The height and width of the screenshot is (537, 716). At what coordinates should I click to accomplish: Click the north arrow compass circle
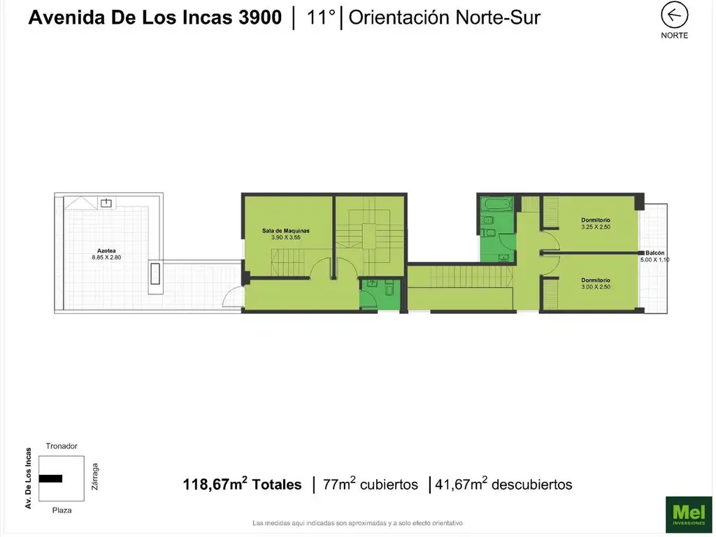(x=674, y=15)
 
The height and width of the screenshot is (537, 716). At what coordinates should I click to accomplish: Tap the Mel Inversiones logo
(x=689, y=514)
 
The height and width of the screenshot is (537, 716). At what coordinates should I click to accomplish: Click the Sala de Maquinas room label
(x=285, y=231)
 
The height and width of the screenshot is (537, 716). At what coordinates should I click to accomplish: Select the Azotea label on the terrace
(x=106, y=251)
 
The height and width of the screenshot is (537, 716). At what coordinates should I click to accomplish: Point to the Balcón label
(x=654, y=252)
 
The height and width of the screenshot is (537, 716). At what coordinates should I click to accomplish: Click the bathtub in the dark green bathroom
(x=497, y=203)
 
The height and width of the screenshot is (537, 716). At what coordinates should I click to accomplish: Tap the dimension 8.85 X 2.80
(x=106, y=257)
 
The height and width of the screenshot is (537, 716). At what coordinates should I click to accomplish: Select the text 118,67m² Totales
(x=242, y=484)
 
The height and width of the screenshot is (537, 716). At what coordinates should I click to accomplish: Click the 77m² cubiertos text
(x=370, y=484)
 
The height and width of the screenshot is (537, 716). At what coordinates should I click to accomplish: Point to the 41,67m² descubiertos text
(x=503, y=484)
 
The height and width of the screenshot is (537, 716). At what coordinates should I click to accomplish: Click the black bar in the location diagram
(x=50, y=478)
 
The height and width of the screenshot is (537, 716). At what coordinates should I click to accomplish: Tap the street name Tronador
(x=62, y=446)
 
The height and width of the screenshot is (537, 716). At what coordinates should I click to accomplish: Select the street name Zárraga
(x=95, y=477)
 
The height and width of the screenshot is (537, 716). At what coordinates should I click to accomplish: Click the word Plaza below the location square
(x=62, y=510)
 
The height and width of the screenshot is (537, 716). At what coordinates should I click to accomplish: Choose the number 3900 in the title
(x=260, y=17)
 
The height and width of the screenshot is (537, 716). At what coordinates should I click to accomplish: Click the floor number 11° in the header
(x=321, y=17)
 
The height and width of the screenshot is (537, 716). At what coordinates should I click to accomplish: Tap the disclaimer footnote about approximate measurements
(x=357, y=523)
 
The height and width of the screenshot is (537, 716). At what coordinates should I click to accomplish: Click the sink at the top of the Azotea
(x=106, y=202)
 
